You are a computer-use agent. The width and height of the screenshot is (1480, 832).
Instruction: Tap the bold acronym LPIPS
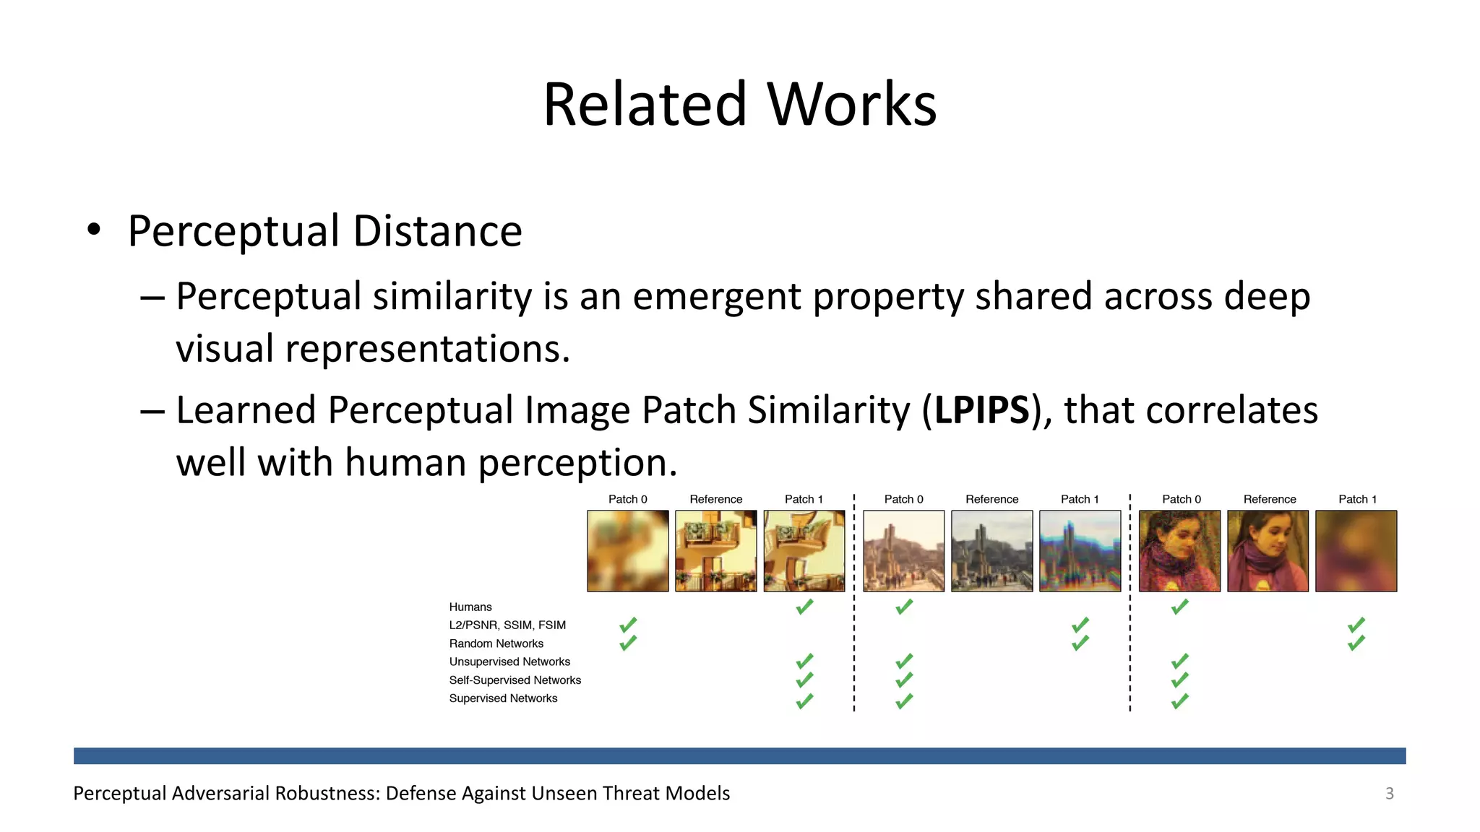[981, 410]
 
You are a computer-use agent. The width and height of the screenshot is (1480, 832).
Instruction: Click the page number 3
[1389, 793]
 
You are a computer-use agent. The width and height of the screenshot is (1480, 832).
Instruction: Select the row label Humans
[470, 607]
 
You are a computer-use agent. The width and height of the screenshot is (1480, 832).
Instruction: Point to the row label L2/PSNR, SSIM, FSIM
[507, 625]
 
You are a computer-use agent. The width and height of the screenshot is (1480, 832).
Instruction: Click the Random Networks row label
[496, 643]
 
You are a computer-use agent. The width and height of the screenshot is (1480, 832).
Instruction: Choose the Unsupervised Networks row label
[509, 662]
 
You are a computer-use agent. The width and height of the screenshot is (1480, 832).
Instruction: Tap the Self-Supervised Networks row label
[515, 680]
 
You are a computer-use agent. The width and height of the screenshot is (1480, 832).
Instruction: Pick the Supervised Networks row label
[503, 698]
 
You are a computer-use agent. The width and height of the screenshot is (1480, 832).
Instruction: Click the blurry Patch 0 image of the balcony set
[628, 551]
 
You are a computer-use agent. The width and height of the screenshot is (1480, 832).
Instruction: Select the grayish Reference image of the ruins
[991, 551]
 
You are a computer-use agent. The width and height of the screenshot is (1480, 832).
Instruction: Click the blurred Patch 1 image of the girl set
[1356, 551]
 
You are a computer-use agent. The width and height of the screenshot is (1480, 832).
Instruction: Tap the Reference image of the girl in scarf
[1268, 551]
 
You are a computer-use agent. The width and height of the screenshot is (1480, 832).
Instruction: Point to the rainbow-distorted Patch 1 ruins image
[1080, 551]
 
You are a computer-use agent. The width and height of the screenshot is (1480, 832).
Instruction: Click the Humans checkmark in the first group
[804, 607]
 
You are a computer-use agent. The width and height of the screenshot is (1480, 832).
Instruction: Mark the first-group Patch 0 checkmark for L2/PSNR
[628, 624]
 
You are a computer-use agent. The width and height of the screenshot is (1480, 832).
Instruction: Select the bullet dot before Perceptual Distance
[94, 230]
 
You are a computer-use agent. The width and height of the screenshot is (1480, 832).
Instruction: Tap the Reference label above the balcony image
[715, 499]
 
